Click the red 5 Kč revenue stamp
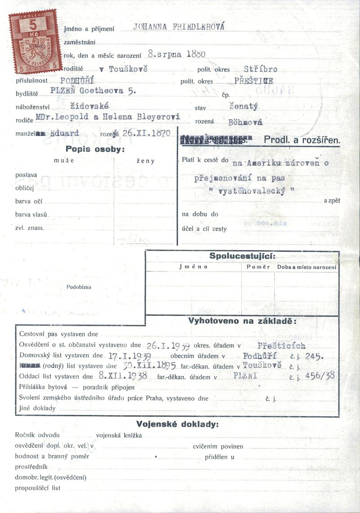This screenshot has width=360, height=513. click(36, 41)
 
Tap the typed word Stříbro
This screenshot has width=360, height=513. click(260, 69)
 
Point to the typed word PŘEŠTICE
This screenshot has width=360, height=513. click(253, 81)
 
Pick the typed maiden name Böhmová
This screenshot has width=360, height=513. click(245, 122)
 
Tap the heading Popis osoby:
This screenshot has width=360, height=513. click(95, 149)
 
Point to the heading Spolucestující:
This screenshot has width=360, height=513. click(242, 256)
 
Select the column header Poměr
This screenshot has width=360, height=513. click(258, 267)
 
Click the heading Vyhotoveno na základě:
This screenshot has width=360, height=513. click(242, 321)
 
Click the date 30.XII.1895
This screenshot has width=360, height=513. click(146, 366)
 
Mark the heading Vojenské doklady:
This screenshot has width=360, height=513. click(177, 424)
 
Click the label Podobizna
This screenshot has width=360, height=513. click(79, 287)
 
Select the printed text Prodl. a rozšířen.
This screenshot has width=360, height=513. click(301, 140)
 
